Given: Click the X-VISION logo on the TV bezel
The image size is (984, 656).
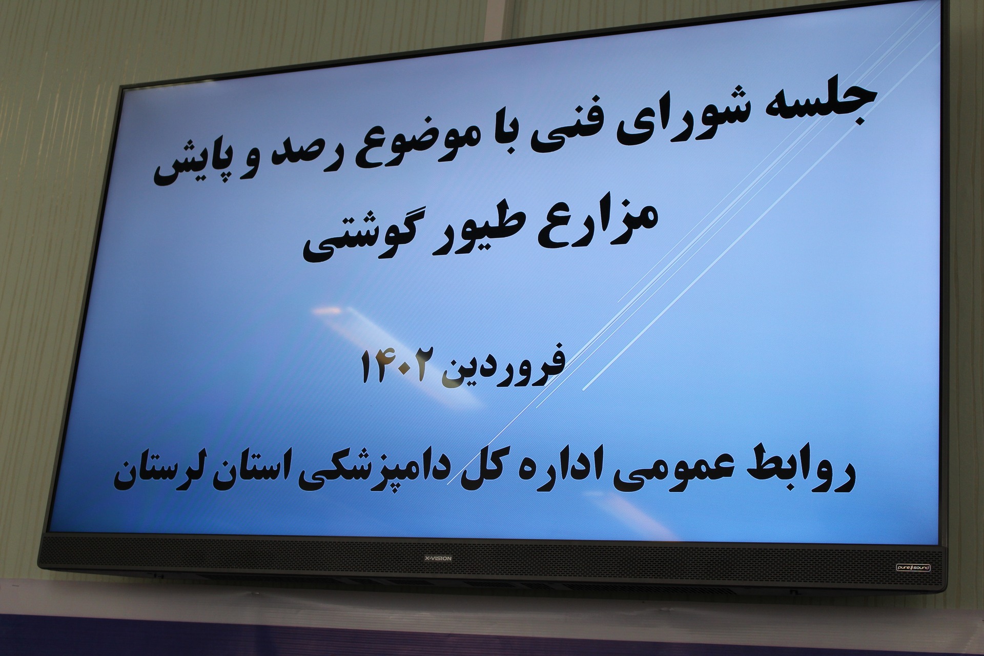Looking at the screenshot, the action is pos(438,558).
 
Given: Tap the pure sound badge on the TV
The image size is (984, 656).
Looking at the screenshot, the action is pos(913,567).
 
